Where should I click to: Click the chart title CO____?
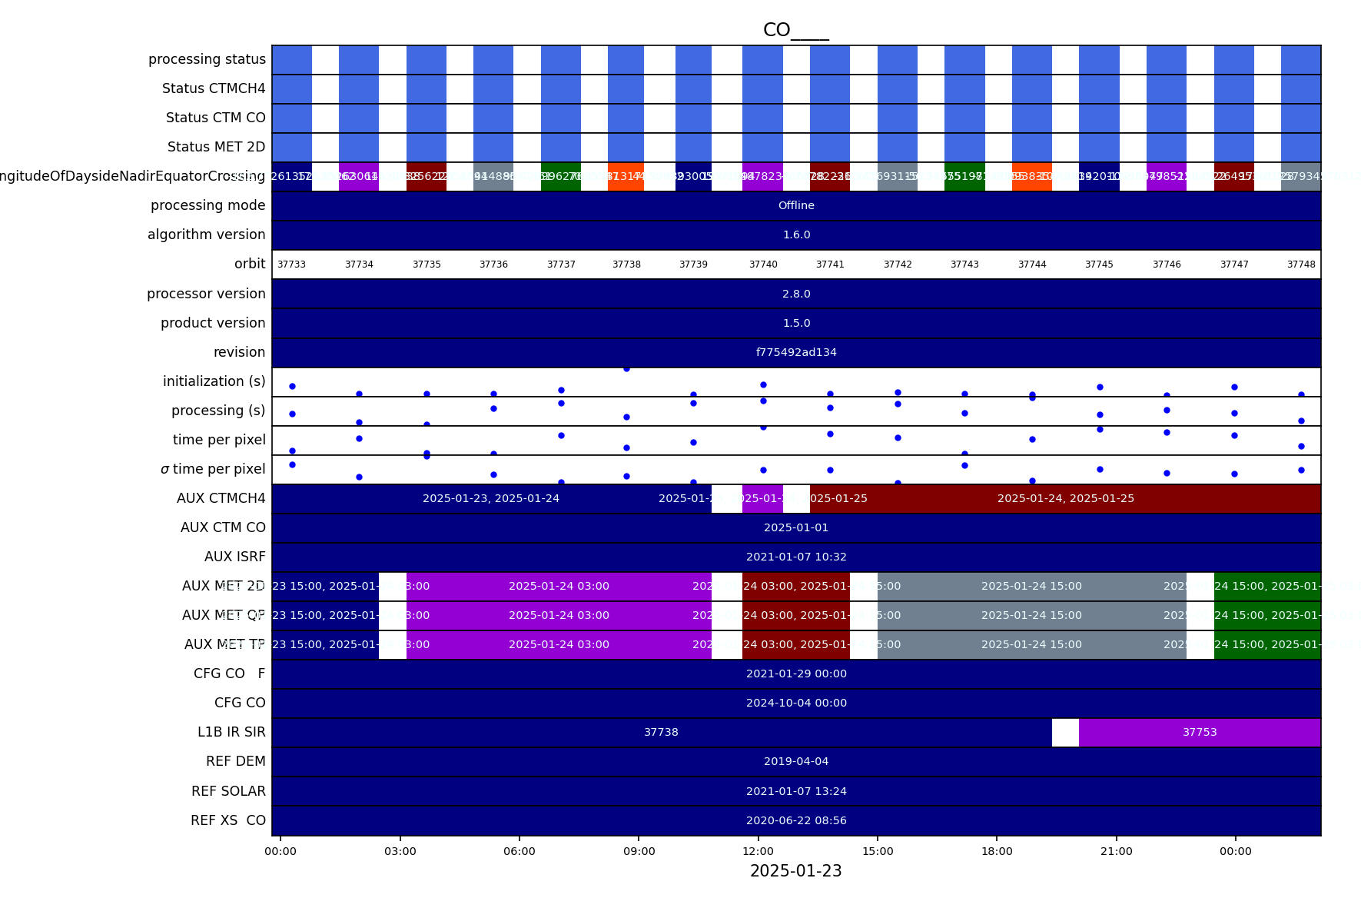coord(795,30)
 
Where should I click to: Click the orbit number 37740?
coord(763,264)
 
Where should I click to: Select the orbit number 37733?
coord(291,264)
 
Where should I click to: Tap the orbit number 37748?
coord(1301,264)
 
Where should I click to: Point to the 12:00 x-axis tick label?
coord(759,851)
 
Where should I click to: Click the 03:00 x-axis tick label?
coord(400,851)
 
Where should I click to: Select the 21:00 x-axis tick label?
coord(1116,851)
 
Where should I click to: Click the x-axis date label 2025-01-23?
coord(795,871)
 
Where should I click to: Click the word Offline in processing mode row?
coord(796,205)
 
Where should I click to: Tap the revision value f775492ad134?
coord(796,352)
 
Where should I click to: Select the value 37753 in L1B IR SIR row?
coord(1200,733)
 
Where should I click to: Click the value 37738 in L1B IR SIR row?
coord(661,733)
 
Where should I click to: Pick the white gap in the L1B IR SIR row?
coord(1065,733)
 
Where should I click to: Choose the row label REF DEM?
coord(235,761)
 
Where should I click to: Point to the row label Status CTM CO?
coord(215,118)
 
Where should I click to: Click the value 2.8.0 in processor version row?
coord(796,294)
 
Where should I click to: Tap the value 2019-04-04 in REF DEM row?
coord(796,761)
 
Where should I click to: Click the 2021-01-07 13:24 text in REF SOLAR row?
coord(796,791)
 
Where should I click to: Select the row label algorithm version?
coord(206,234)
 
